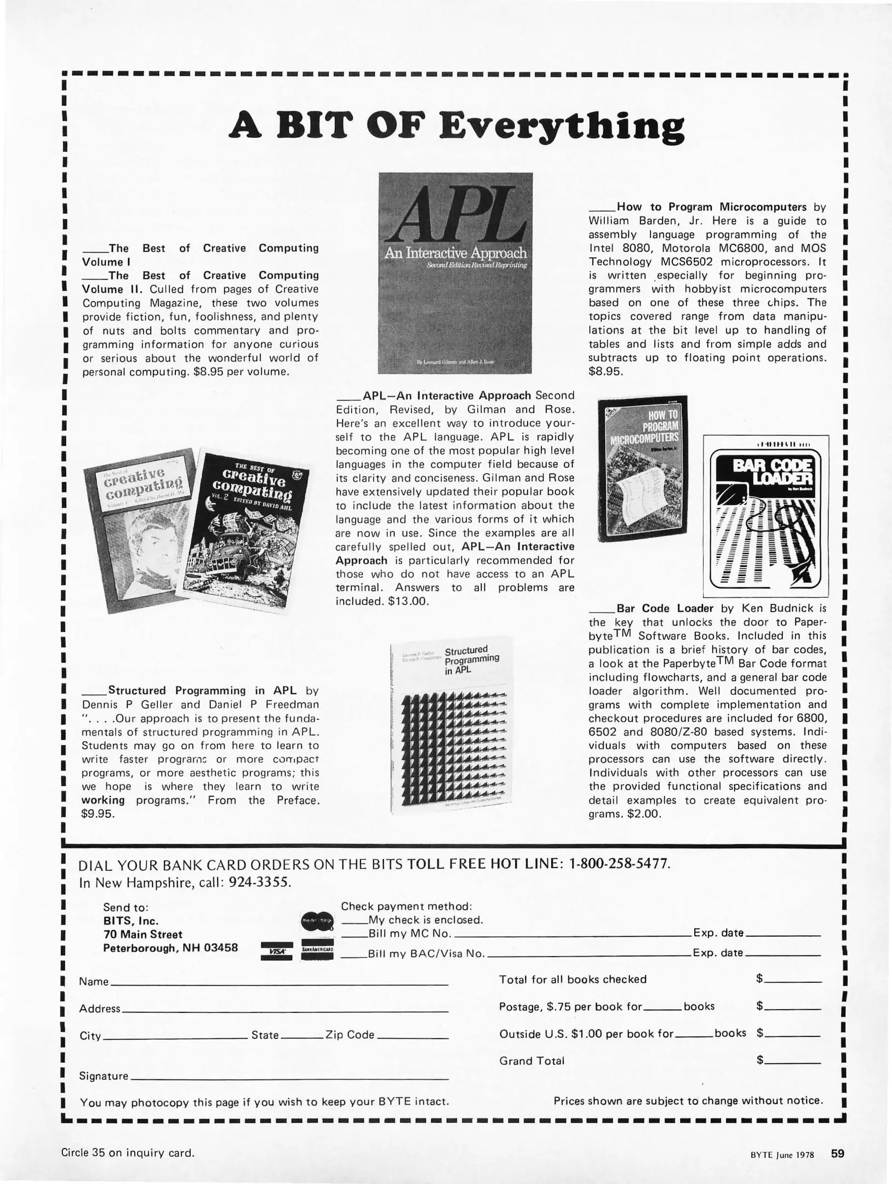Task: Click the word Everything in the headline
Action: coord(562,127)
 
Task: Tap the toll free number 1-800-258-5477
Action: coord(619,864)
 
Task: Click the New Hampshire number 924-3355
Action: coord(260,883)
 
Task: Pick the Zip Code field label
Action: coord(350,1035)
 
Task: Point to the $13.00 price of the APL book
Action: coord(407,601)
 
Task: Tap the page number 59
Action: coord(837,1153)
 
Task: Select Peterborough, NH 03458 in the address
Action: coord(170,948)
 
